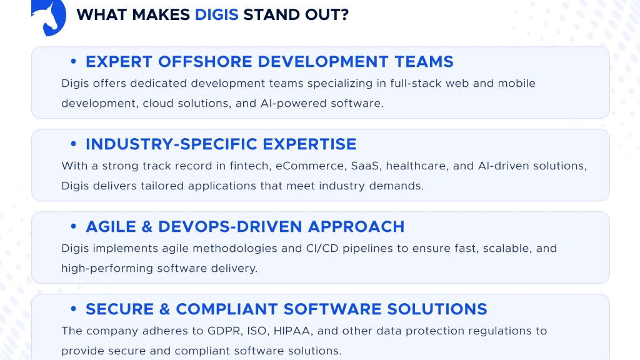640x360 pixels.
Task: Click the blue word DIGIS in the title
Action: [x=216, y=14]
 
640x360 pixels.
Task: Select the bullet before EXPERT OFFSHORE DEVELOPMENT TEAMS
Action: [x=74, y=62]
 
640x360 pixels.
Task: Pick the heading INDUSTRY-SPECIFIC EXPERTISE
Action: [x=221, y=144]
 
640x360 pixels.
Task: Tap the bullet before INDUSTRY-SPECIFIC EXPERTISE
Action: [x=74, y=144]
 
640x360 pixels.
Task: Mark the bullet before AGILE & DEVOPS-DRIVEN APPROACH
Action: [x=74, y=227]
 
